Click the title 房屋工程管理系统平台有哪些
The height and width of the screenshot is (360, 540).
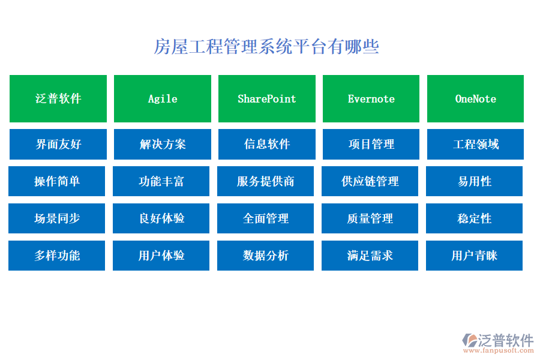coord(266,47)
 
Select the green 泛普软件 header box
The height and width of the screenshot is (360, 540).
coord(58,98)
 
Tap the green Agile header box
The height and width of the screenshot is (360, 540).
coord(163,98)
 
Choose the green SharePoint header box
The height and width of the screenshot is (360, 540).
coord(266,98)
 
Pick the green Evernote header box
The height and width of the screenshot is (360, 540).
coord(371,98)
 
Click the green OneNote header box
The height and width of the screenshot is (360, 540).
coord(475,98)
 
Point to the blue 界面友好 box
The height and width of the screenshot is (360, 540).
coord(58,144)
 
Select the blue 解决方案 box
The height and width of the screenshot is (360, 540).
coord(163,144)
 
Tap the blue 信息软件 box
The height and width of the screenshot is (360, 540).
coord(266,144)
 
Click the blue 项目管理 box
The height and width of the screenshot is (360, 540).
coord(371,144)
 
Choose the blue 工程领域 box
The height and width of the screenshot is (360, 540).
coord(475,144)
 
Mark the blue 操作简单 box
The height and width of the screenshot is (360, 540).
coord(57,181)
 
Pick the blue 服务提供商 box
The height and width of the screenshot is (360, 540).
coord(265,181)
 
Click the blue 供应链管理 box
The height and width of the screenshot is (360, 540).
coord(370,181)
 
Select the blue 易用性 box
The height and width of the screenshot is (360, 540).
coord(474,181)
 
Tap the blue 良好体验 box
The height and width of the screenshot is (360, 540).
coord(161,218)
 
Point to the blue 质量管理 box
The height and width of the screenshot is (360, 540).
coord(370,218)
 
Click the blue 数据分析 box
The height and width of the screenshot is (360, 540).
coord(265,256)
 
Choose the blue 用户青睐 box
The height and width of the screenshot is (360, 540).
coord(474,256)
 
